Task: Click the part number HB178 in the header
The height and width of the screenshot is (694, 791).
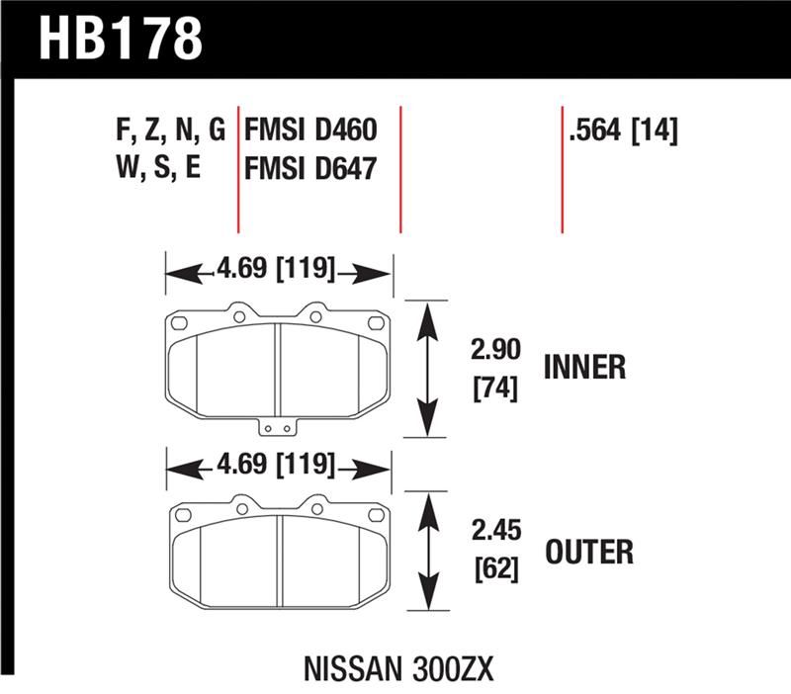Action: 121,39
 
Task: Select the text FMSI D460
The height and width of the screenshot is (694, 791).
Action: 309,131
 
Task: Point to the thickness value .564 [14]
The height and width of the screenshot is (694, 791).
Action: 622,131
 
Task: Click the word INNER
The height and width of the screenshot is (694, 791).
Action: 585,368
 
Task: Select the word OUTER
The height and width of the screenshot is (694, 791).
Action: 588,551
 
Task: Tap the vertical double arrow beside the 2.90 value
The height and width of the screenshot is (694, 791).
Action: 427,369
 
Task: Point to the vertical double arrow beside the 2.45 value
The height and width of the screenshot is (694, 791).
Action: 427,552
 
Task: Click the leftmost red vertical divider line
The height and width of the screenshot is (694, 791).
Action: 238,168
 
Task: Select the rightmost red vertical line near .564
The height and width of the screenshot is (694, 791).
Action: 562,168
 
